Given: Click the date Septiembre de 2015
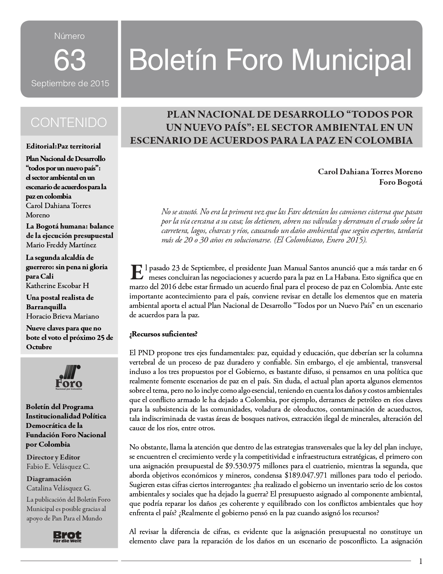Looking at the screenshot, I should (x=70, y=83).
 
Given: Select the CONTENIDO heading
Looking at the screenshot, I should (x=69, y=122).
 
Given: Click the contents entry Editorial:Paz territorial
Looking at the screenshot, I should (x=63, y=146).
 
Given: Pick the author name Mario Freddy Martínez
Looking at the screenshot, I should (x=61, y=245).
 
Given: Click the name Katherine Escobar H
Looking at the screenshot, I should (x=57, y=286).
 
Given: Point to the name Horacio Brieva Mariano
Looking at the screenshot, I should (x=63, y=316).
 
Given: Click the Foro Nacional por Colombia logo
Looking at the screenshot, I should (x=69, y=377).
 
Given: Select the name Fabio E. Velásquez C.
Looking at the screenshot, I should (x=58, y=467).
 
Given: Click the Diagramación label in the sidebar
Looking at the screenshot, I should (x=49, y=479).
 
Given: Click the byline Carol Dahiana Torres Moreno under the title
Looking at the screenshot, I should (x=370, y=172).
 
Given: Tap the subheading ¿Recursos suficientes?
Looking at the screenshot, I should (x=163, y=334).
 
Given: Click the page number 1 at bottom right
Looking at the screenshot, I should (x=421, y=561).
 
